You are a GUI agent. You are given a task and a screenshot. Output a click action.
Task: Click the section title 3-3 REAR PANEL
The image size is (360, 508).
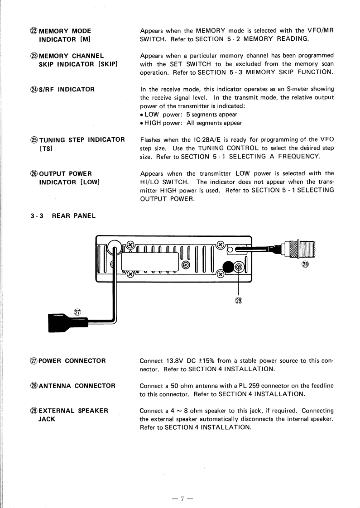click(60, 216)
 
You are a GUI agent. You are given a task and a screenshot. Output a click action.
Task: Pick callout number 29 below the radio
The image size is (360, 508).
click(239, 299)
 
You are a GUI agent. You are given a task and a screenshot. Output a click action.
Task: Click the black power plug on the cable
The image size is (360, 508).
click(63, 322)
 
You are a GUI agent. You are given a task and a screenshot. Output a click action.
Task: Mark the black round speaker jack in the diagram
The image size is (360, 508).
click(228, 268)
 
